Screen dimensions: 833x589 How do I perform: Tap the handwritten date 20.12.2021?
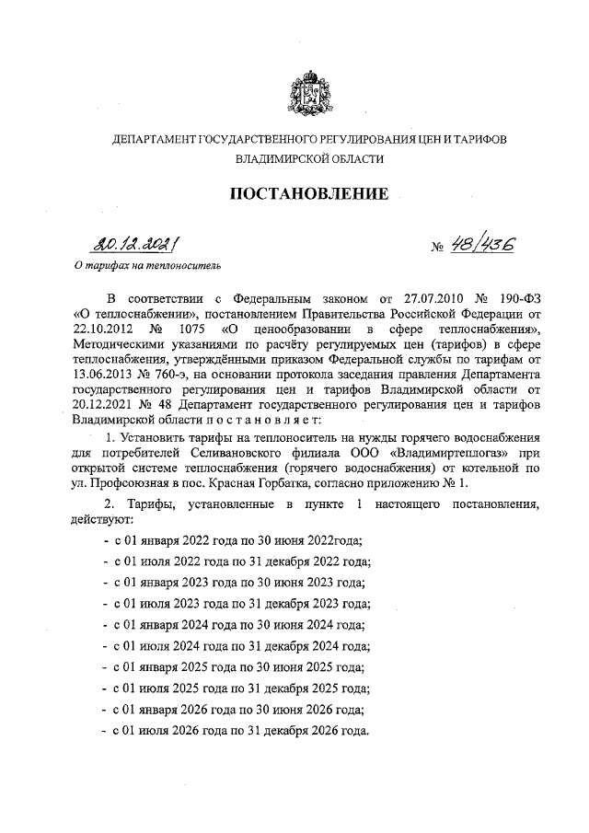point(134,246)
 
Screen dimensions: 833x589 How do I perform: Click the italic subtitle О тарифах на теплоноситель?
point(147,267)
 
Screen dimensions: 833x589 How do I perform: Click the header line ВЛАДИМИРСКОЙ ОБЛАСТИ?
point(308,158)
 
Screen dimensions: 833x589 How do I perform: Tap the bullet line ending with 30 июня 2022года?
point(235,540)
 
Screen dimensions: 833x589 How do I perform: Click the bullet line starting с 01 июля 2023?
point(239,604)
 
